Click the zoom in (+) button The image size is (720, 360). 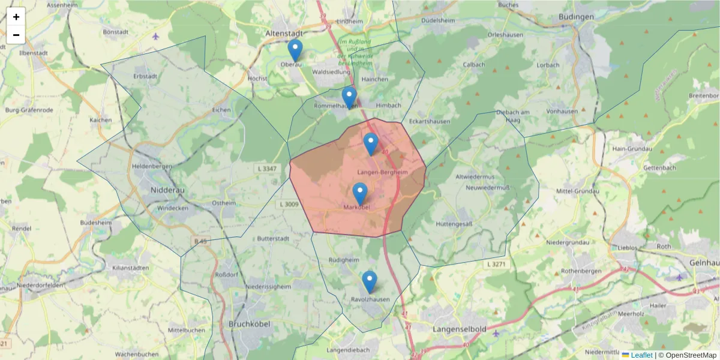point(16,17)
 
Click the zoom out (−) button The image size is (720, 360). point(16,35)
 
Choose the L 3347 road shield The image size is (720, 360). point(265,169)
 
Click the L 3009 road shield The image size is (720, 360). point(289,205)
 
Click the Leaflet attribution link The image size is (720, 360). point(641,355)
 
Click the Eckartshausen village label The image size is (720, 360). point(429,121)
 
